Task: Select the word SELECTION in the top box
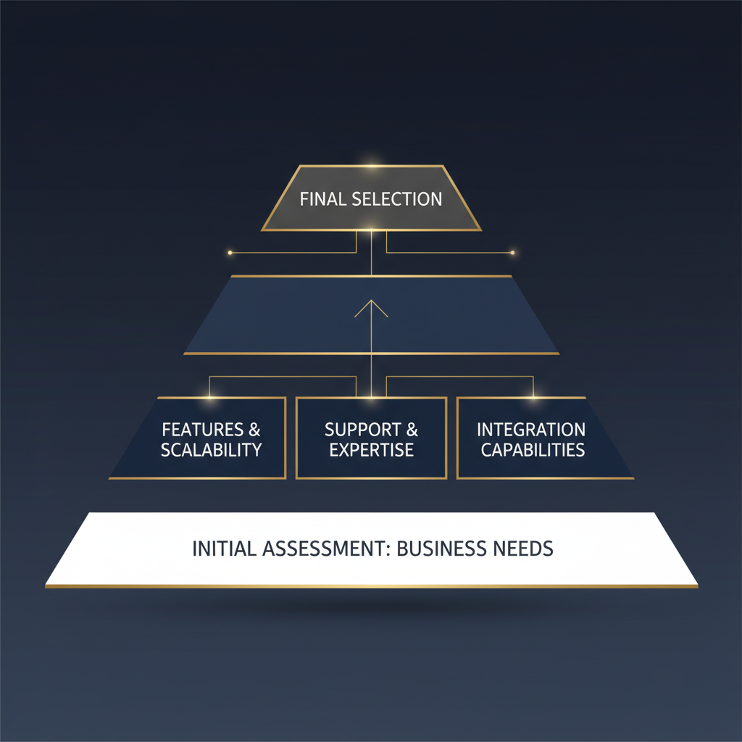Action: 396,199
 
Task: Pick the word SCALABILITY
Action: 211,449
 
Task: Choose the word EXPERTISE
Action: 371,449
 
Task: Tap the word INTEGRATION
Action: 531,430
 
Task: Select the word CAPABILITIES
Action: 533,449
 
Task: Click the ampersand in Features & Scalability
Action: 254,430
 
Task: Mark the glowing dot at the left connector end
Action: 230,253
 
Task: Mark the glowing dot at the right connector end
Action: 512,253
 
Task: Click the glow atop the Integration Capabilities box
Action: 533,397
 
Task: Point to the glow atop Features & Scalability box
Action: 210,397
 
